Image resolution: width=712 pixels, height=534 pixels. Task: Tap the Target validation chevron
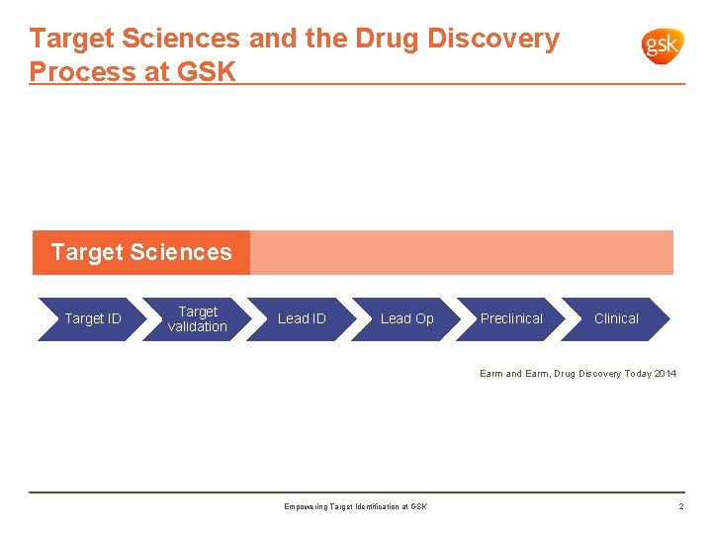click(x=197, y=318)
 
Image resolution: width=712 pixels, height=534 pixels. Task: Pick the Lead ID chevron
click(x=302, y=318)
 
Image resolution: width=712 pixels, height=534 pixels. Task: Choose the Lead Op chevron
click(x=406, y=318)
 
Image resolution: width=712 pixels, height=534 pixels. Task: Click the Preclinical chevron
click(x=511, y=318)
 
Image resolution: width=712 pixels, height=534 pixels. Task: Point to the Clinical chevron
click(x=616, y=318)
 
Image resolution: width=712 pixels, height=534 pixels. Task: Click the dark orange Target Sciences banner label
click(x=141, y=252)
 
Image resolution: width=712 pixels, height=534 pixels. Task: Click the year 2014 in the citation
click(x=666, y=374)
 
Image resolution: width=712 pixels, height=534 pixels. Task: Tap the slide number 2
click(x=680, y=507)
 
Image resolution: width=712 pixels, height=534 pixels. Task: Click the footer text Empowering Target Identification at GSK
click(x=355, y=507)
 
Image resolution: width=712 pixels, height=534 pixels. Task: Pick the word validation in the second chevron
click(x=197, y=326)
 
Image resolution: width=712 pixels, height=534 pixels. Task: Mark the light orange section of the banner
click(x=461, y=252)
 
